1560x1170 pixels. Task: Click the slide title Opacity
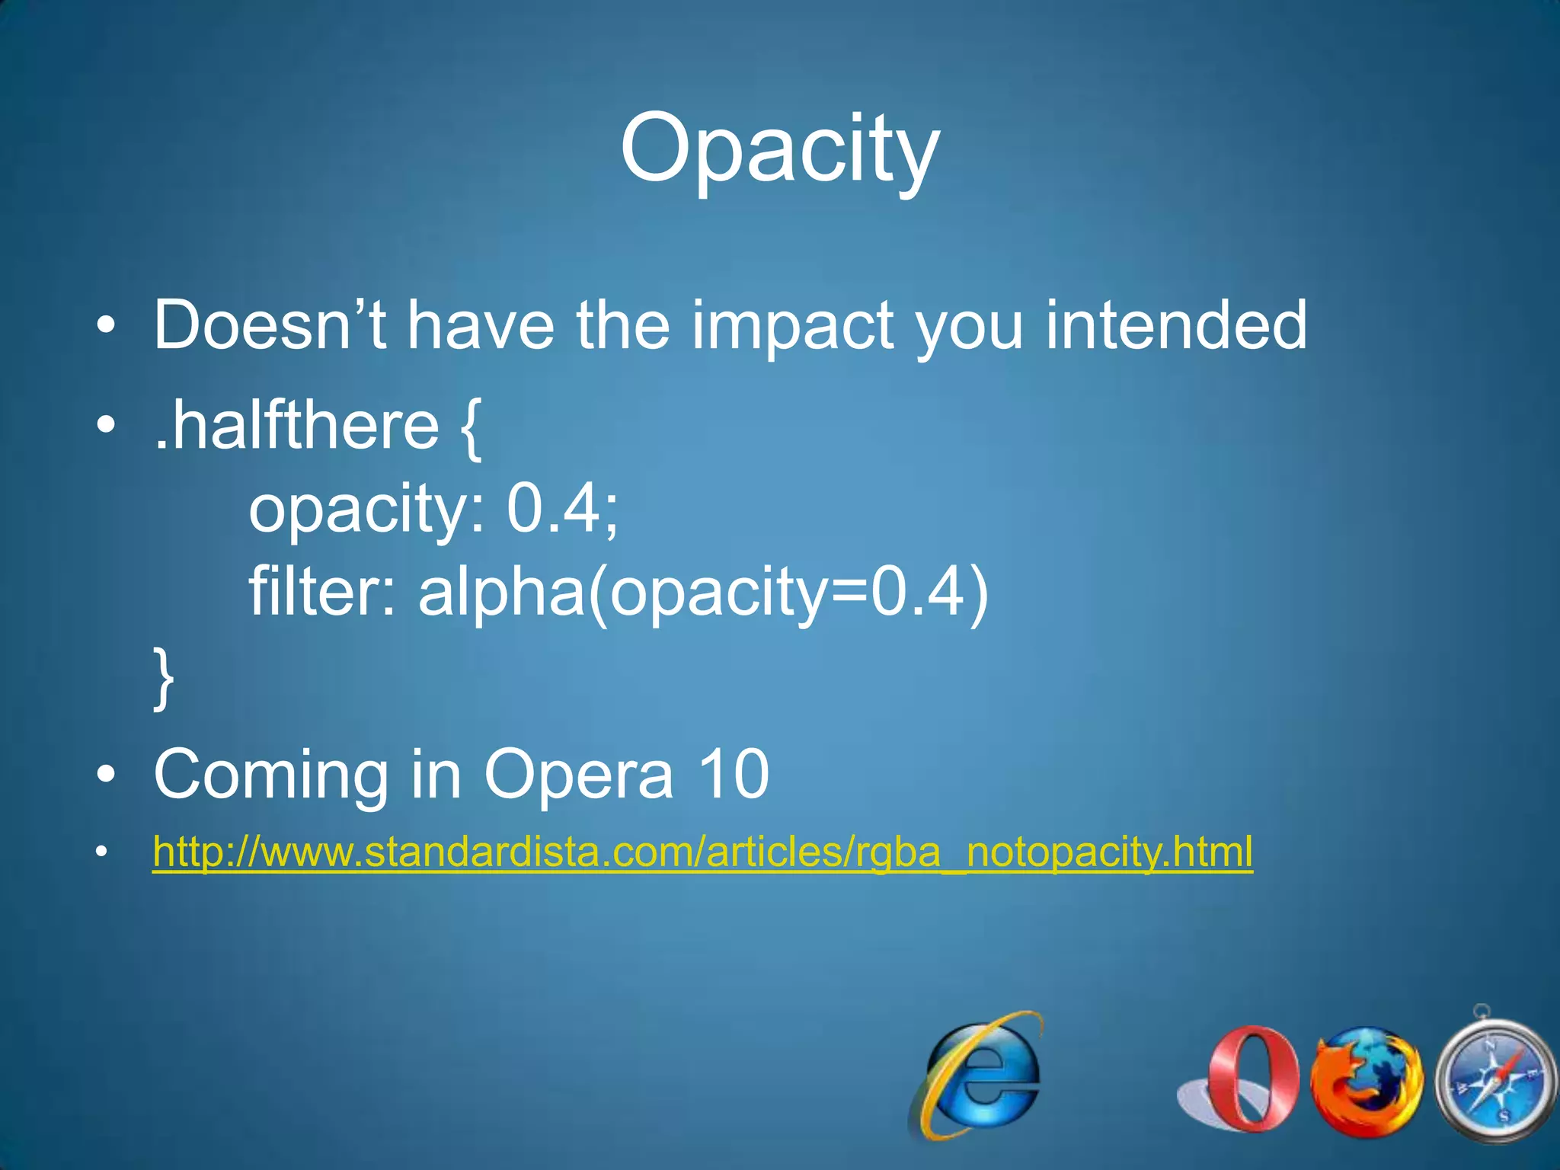point(779,149)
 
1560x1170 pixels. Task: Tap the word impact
point(793,328)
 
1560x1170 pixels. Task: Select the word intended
point(1176,325)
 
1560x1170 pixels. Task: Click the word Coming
point(270,775)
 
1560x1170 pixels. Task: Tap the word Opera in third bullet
point(579,776)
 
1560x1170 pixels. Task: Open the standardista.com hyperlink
point(702,852)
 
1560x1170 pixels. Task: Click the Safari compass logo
point(1494,1078)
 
